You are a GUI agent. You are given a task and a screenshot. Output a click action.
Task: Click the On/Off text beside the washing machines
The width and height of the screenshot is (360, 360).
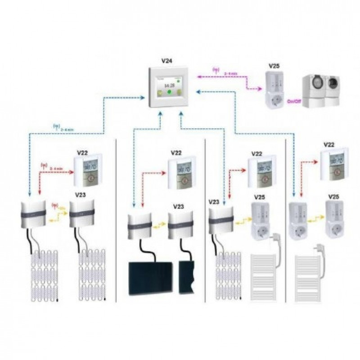pos(293,102)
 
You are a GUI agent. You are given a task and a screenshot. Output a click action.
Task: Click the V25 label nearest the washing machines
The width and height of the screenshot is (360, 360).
pos(274,66)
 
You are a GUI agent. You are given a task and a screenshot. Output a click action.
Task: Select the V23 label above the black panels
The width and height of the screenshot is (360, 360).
pos(179,207)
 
